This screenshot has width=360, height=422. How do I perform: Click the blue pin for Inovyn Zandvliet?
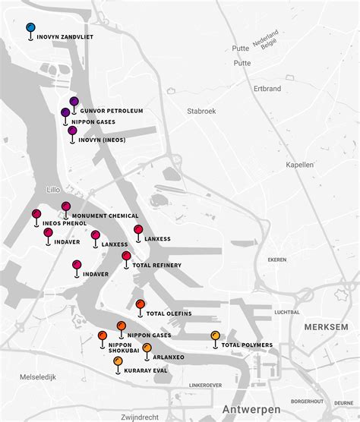click(x=30, y=28)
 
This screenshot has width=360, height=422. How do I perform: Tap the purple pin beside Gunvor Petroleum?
click(x=74, y=102)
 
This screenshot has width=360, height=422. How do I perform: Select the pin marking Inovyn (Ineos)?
click(x=72, y=131)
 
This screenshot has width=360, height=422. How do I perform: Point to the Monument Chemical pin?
click(x=66, y=206)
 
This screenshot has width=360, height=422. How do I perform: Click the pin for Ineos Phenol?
click(x=36, y=215)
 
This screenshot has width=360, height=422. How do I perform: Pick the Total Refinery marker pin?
click(x=126, y=257)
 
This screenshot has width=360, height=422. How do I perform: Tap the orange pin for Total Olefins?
click(x=140, y=305)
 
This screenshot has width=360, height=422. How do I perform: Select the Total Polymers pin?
click(x=215, y=336)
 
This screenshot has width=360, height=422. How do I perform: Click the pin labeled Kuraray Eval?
click(x=118, y=362)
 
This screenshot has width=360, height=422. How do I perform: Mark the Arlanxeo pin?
click(x=147, y=348)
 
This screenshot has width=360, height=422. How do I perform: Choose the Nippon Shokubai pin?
click(x=103, y=336)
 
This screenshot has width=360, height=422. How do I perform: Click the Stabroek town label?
click(x=201, y=111)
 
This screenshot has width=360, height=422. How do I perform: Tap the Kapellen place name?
click(x=300, y=164)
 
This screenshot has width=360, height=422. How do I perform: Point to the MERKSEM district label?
click(x=326, y=326)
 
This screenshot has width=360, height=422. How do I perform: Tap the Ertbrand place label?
click(x=268, y=89)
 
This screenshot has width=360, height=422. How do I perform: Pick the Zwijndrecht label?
click(x=139, y=417)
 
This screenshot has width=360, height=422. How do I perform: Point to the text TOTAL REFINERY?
click(x=157, y=265)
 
